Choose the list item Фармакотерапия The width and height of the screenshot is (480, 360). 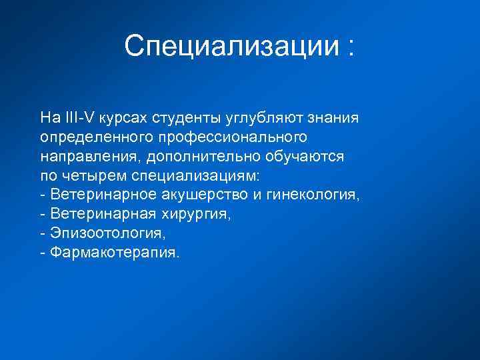(x=114, y=254)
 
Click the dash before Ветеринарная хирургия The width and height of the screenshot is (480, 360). (x=43, y=215)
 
